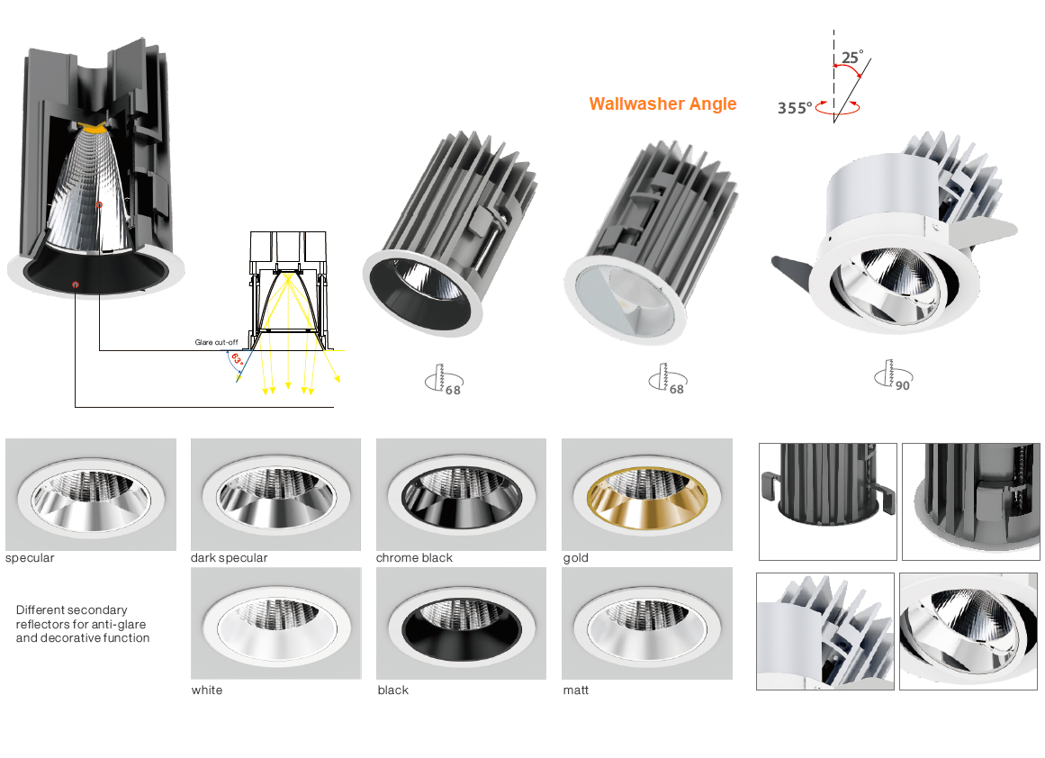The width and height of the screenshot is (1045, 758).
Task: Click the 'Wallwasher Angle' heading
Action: point(662,104)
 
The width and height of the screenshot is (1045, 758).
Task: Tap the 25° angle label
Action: point(852,57)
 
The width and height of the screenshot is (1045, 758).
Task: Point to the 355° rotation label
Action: point(795,108)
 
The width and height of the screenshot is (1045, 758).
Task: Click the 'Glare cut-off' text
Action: point(216,342)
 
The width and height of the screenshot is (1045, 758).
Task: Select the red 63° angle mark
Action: point(237,358)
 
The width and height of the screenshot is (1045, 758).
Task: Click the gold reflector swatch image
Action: point(647,494)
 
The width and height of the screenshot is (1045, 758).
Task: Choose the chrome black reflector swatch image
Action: point(461,494)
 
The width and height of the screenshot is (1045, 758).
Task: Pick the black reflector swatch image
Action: point(461,623)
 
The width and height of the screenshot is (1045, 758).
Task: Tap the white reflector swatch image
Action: point(276,623)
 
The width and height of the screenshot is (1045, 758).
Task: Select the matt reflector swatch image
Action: point(647,623)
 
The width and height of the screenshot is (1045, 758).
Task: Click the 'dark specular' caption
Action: point(229,558)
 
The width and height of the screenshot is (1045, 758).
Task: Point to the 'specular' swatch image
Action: point(91,494)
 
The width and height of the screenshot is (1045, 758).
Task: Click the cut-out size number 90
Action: point(903,385)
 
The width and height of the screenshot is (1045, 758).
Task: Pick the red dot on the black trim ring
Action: point(76,284)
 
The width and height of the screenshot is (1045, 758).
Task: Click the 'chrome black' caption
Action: point(414,558)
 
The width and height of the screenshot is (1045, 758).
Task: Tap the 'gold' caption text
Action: point(576,558)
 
